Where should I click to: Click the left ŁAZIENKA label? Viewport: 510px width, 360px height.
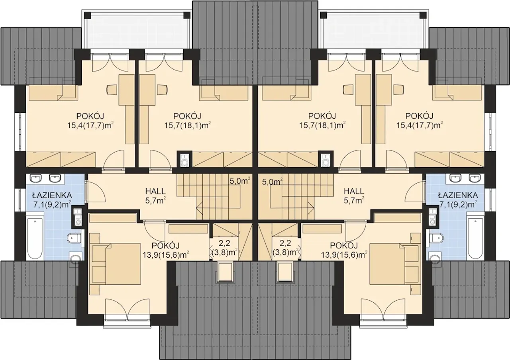click(x=52, y=195)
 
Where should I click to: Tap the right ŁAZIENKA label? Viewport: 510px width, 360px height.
click(x=458, y=195)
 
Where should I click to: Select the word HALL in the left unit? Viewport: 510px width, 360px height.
click(x=155, y=191)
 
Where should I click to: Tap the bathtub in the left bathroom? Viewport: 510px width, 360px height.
click(x=35, y=238)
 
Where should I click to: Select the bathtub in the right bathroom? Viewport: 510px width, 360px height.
click(x=475, y=238)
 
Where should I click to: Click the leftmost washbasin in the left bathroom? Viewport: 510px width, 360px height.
click(x=36, y=178)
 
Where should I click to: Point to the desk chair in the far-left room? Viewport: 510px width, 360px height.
click(x=112, y=90)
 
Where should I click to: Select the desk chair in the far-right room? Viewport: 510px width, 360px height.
click(x=399, y=90)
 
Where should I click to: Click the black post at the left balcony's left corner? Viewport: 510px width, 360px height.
click(x=87, y=16)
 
